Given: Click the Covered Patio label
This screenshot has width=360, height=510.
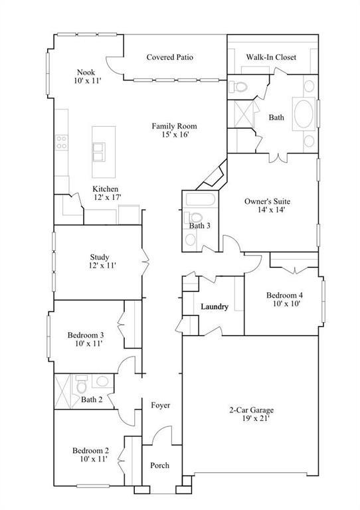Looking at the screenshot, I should [x=170, y=58].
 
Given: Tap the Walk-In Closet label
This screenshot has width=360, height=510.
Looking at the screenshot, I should [x=272, y=58].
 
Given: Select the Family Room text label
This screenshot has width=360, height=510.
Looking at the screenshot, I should [x=174, y=126].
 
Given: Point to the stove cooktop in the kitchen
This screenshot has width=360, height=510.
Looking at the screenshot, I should [x=62, y=141].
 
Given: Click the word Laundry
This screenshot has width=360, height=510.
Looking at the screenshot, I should [x=215, y=307].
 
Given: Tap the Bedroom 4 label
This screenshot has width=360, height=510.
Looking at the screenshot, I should [x=285, y=295].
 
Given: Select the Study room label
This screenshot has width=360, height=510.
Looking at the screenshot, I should [x=99, y=258].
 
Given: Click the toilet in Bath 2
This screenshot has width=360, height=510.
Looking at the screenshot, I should [x=82, y=384].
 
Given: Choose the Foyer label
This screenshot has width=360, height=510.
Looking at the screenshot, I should [x=160, y=405].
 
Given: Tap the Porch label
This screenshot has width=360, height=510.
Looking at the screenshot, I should [x=159, y=466].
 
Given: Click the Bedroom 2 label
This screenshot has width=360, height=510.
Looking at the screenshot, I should [x=90, y=450].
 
